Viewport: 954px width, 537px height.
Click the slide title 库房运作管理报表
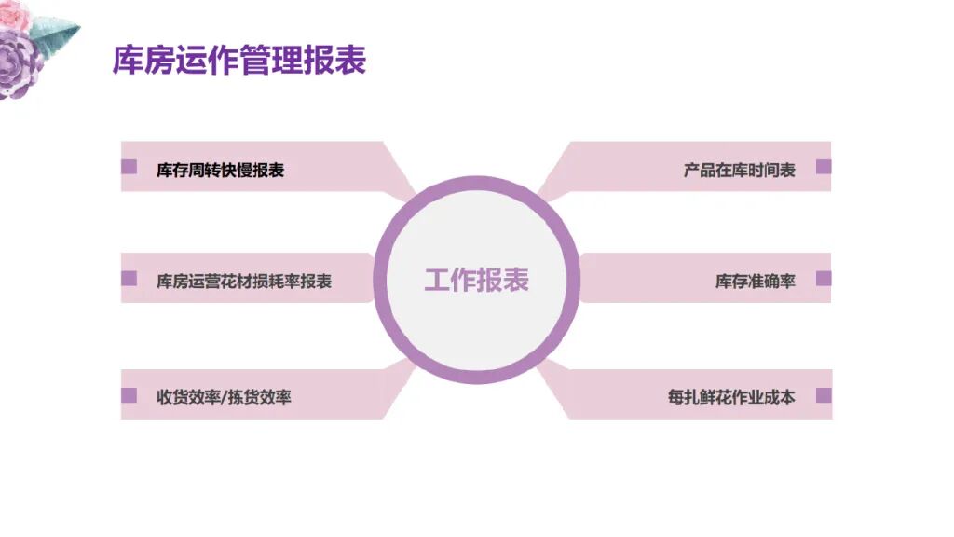(238, 61)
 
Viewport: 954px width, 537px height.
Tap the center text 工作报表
(476, 280)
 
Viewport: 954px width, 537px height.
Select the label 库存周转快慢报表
(220, 170)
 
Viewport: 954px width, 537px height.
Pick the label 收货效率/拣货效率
(224, 396)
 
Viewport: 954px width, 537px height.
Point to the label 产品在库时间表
(739, 170)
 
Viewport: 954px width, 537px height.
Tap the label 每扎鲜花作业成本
(730, 396)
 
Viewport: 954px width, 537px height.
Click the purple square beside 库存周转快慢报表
(129, 168)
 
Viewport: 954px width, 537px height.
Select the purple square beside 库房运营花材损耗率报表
(129, 279)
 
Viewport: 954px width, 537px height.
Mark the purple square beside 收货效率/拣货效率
(129, 395)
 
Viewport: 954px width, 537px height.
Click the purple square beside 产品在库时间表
(823, 168)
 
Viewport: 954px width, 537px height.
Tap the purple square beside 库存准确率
(823, 279)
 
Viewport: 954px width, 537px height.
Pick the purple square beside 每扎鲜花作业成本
(823, 395)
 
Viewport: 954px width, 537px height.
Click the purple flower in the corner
(19, 63)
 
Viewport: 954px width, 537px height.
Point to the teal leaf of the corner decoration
(58, 34)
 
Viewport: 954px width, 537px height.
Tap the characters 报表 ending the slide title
(344, 61)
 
